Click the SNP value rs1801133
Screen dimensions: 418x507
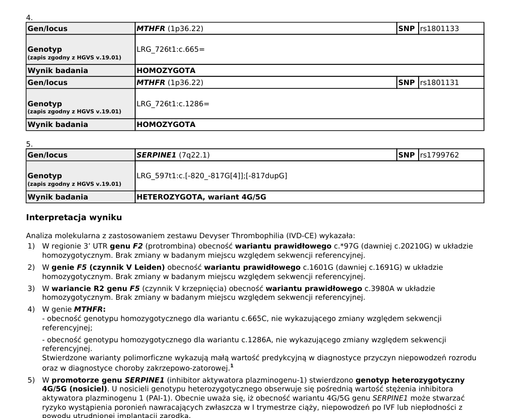click(x=439, y=28)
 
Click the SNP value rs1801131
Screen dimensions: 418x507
click(x=439, y=82)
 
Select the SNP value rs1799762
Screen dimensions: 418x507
click(x=439, y=155)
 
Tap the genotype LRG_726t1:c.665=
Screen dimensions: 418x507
click(x=171, y=49)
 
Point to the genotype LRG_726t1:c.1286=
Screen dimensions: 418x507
click(x=173, y=103)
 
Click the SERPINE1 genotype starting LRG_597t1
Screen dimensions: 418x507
click(x=212, y=175)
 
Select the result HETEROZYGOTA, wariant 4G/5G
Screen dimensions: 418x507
click(x=201, y=197)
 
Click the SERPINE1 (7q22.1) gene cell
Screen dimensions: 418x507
click(x=173, y=155)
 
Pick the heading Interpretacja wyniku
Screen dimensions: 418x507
click(x=74, y=217)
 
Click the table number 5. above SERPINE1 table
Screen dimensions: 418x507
click(x=29, y=144)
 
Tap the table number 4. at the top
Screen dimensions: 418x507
click(x=29, y=18)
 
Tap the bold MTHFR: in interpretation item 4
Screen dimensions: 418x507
click(x=89, y=310)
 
